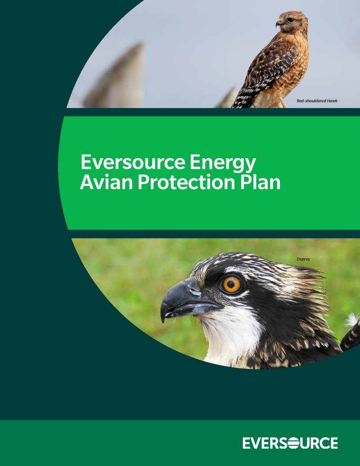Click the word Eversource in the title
(133, 162)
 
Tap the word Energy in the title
(223, 164)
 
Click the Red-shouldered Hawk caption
(317, 101)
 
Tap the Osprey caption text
(303, 259)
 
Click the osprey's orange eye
(231, 285)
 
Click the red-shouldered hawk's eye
(290, 20)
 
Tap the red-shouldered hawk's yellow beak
(279, 23)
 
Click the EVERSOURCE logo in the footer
(290, 443)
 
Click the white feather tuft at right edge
(352, 320)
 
